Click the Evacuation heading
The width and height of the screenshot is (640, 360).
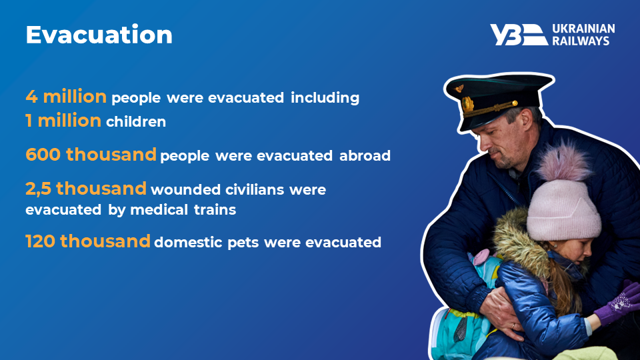99,35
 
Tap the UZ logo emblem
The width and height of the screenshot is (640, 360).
519,35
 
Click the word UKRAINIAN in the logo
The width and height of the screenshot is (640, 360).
583,29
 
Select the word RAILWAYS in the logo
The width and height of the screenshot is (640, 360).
581,41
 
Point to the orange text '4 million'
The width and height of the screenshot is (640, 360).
66,97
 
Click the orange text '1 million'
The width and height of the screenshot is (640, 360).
63,121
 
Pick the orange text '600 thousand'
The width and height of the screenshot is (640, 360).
91,155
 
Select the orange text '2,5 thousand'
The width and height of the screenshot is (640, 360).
86,189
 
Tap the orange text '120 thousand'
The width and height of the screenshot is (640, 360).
88,241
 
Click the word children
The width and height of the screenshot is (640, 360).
136,121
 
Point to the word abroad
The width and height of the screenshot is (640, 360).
365,155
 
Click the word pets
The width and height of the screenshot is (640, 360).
243,243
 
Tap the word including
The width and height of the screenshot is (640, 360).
325,98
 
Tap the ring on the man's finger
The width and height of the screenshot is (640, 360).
514,326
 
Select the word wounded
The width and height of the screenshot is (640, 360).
186,190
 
